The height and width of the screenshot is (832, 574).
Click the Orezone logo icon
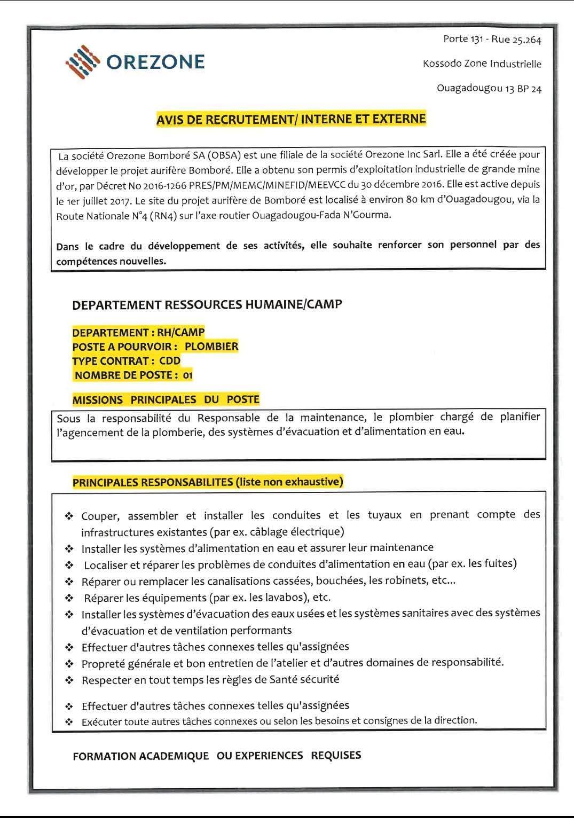pyautogui.click(x=83, y=62)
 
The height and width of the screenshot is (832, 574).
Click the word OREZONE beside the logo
pyautogui.click(x=155, y=62)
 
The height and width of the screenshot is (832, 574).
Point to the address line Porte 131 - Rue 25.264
pyautogui.click(x=492, y=39)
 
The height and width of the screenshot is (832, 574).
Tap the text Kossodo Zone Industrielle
pyautogui.click(x=482, y=64)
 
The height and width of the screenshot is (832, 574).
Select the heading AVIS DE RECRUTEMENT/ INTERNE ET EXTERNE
pyautogui.click(x=291, y=119)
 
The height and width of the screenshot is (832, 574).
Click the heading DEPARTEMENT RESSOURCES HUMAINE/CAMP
pyautogui.click(x=207, y=304)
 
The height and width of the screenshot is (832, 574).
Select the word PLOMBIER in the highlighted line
pyautogui.click(x=211, y=346)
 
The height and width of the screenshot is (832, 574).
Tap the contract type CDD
pyautogui.click(x=170, y=360)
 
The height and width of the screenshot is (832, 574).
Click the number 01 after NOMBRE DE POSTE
pyautogui.click(x=187, y=375)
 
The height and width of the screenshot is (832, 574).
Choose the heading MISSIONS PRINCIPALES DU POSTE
pyautogui.click(x=166, y=399)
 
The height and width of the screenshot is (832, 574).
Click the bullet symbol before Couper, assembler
pyautogui.click(x=69, y=516)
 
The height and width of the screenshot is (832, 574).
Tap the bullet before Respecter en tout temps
pyautogui.click(x=69, y=680)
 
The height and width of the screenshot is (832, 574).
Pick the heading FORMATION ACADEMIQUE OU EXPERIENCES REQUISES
pyautogui.click(x=217, y=756)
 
